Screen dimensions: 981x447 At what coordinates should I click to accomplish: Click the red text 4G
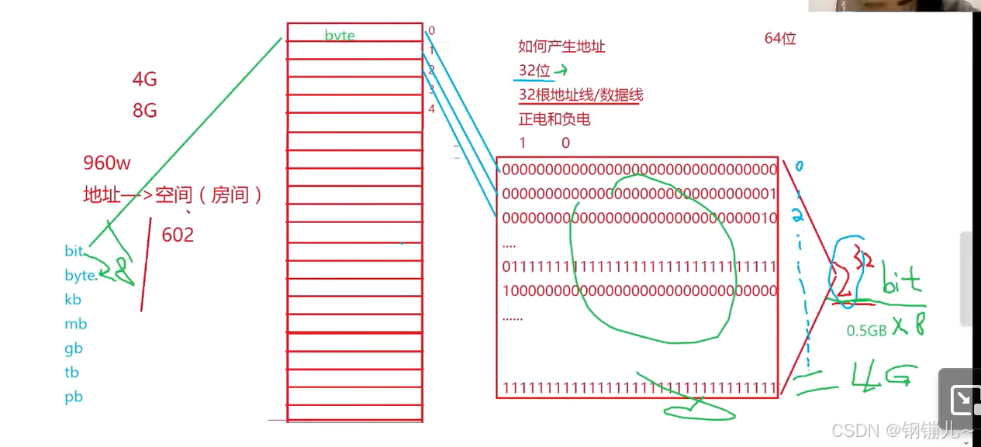click(145, 80)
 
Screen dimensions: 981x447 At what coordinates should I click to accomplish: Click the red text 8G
click(145, 111)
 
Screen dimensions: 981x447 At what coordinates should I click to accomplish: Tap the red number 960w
click(107, 163)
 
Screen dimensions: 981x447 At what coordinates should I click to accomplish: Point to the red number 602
click(178, 236)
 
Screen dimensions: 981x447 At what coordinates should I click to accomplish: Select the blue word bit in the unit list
click(74, 251)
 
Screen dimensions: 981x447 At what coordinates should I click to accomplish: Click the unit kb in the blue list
click(73, 300)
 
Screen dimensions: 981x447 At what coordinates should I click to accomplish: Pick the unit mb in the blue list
click(75, 324)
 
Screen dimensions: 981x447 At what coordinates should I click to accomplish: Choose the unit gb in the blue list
click(74, 349)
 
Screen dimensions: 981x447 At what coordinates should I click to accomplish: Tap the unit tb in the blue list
click(72, 373)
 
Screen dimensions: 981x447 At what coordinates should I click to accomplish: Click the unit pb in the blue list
click(74, 397)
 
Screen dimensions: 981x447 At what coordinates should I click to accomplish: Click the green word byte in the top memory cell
click(340, 36)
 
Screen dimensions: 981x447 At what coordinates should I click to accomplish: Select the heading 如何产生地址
click(561, 46)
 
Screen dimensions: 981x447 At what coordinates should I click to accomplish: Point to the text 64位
click(780, 38)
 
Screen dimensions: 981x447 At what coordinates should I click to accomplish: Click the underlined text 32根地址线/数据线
click(581, 95)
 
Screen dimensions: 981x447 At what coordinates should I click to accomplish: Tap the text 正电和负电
click(554, 119)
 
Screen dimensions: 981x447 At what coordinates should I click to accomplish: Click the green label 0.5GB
click(866, 330)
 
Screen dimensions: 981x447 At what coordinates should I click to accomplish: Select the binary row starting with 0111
click(640, 267)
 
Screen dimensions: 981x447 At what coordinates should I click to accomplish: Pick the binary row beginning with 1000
click(640, 291)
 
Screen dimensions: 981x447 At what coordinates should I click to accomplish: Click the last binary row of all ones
click(640, 387)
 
